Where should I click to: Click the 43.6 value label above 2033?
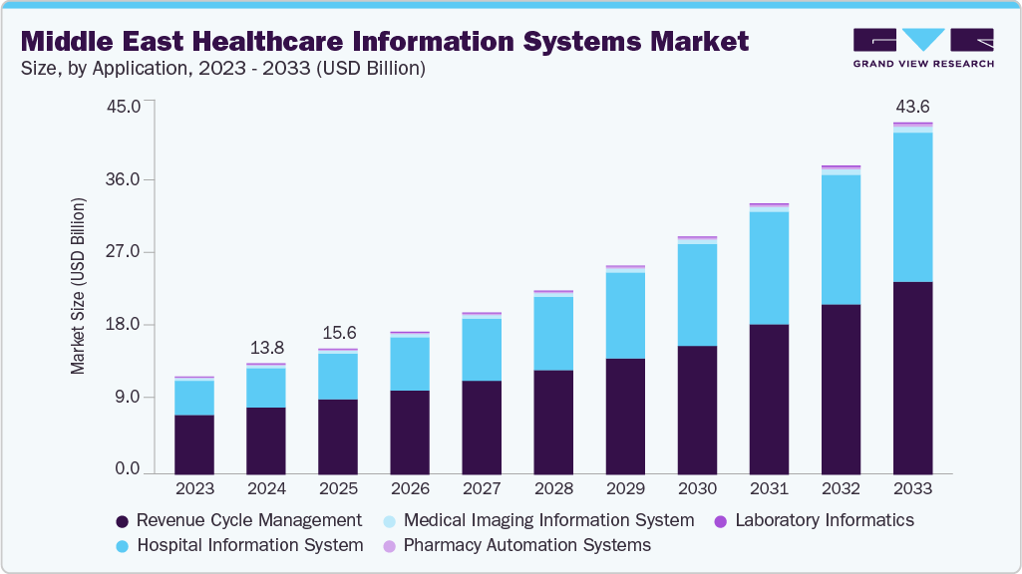[912, 107]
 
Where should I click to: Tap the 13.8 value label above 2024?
[266, 348]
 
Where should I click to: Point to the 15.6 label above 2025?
[338, 333]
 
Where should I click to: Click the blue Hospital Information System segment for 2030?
[697, 295]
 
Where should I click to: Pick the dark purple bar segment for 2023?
[194, 443]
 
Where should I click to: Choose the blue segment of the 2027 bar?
[482, 349]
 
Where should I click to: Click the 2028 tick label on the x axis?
[553, 489]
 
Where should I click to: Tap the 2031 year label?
[769, 489]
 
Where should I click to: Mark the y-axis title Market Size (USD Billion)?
[78, 287]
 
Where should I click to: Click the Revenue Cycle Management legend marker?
[123, 521]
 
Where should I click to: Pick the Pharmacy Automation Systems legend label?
[526, 545]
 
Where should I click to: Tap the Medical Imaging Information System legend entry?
[548, 520]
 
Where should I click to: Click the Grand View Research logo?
[923, 48]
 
